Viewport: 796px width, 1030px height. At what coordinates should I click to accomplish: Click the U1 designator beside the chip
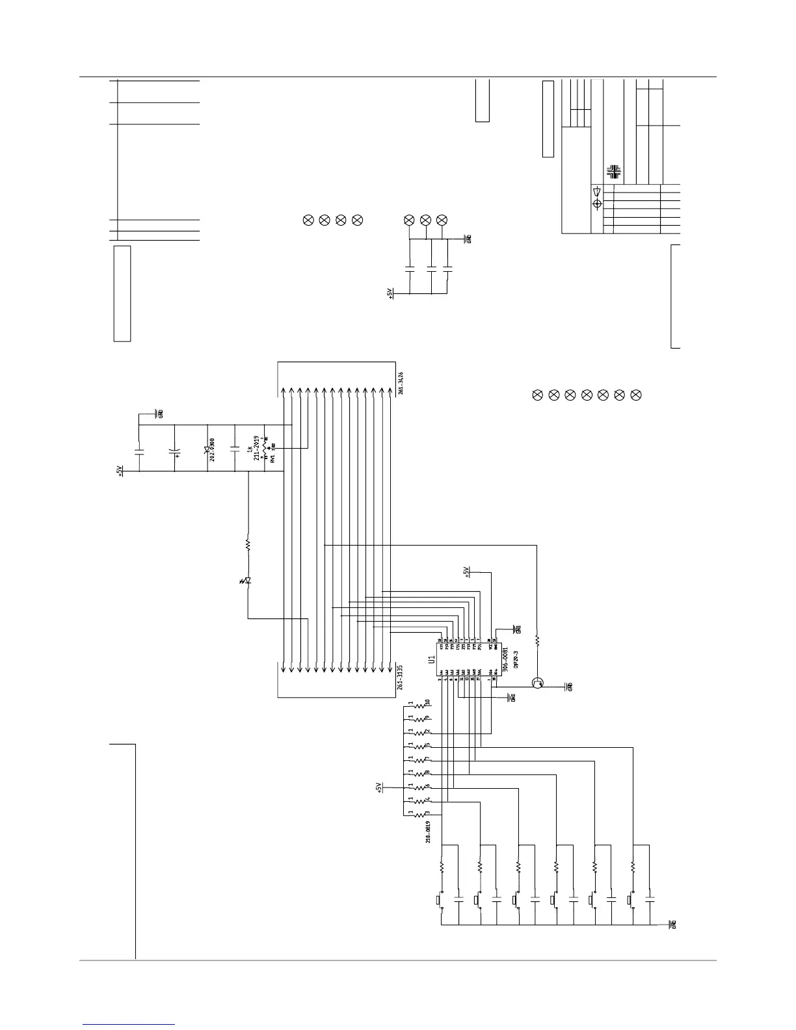[431, 659]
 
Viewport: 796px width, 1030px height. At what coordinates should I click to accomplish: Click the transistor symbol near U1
[537, 683]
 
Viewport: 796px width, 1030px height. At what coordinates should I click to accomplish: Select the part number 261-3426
[401, 382]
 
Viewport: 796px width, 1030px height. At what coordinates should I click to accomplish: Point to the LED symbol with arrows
[248, 580]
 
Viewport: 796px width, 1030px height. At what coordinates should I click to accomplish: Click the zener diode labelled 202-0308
[207, 449]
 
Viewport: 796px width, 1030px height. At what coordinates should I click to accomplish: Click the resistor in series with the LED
[248, 544]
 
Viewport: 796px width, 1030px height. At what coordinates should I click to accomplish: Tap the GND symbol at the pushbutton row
[672, 924]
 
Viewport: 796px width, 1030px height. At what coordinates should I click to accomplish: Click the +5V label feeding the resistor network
[379, 787]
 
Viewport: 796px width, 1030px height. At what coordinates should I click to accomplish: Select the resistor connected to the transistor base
[537, 640]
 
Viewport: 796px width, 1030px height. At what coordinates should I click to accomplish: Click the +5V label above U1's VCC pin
[466, 572]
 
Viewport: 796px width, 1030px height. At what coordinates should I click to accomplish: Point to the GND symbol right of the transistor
[569, 687]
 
